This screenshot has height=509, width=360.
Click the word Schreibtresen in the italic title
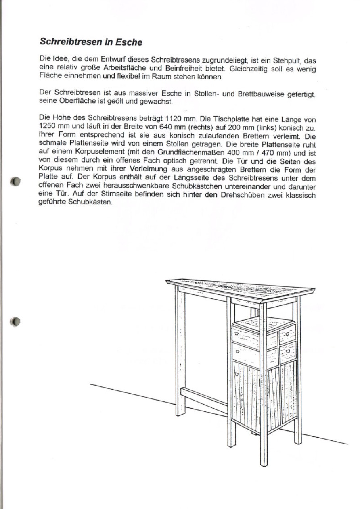click(x=71, y=42)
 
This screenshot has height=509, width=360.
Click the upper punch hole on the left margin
click(x=15, y=181)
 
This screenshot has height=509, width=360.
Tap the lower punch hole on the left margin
click(x=15, y=321)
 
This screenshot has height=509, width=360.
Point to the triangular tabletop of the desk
click(x=242, y=287)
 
